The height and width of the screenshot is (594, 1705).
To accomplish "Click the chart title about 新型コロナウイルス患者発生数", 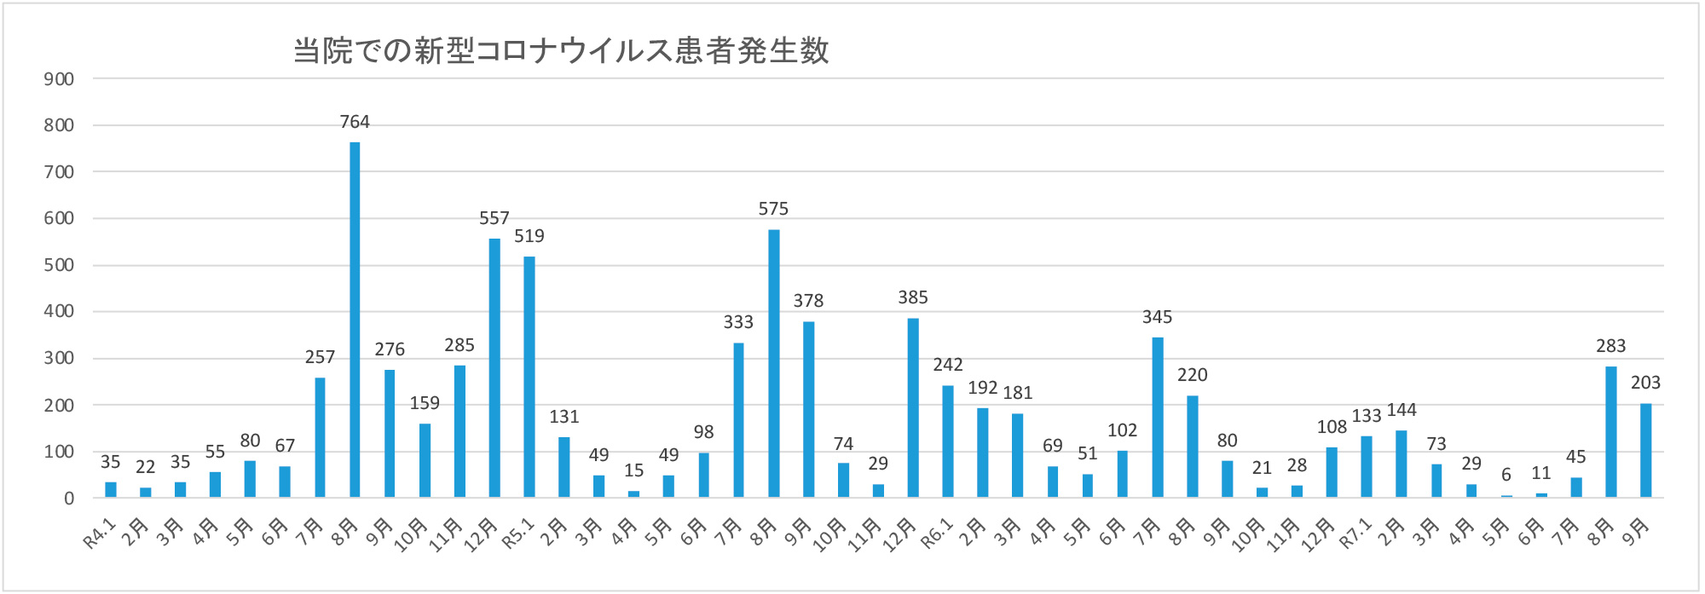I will click(561, 51).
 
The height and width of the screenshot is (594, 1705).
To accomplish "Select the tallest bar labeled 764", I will click(355, 320).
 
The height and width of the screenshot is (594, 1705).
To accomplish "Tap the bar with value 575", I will click(773, 363).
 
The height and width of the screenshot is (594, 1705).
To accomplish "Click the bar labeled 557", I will click(494, 367).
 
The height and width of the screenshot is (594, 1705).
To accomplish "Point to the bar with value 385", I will click(913, 407).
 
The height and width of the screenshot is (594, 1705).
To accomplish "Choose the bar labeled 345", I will click(1157, 417).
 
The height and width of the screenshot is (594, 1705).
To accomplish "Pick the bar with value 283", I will click(1610, 431).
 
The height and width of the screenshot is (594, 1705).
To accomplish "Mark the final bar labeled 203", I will click(1645, 450).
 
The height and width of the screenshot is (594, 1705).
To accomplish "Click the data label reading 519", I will click(529, 236).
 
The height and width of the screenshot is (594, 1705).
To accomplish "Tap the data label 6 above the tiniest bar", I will click(1506, 475).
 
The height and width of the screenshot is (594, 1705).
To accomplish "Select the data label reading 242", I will click(948, 365).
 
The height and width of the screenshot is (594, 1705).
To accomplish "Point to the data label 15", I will click(633, 470).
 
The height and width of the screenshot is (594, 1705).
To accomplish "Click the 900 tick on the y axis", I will click(59, 79).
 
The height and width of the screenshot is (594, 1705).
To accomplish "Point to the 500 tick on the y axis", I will click(59, 265).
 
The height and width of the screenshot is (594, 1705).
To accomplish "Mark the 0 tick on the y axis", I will click(69, 499).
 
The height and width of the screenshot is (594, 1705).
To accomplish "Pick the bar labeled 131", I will click(564, 467).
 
